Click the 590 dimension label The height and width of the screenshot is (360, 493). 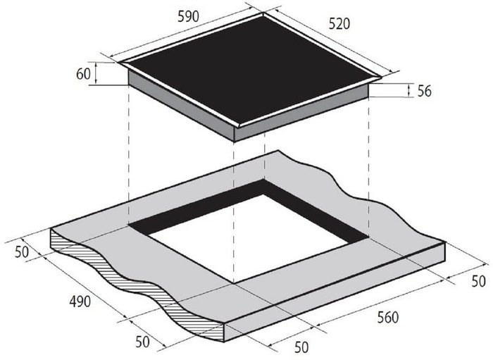pyautogui.click(x=188, y=17)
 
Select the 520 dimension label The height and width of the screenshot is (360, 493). pyautogui.click(x=339, y=24)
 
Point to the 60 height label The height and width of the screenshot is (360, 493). pyautogui.click(x=83, y=74)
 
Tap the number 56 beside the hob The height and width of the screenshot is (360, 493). pyautogui.click(x=425, y=91)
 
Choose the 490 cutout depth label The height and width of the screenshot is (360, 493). pyautogui.click(x=80, y=302)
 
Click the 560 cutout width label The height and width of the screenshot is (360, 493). pyautogui.click(x=388, y=318)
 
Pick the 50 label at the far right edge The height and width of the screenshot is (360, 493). pyautogui.click(x=478, y=281)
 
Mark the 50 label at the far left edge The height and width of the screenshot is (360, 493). pyautogui.click(x=22, y=252)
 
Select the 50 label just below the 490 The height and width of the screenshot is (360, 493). pyautogui.click(x=142, y=342)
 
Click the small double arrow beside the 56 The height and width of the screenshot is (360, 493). pyautogui.click(x=408, y=90)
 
